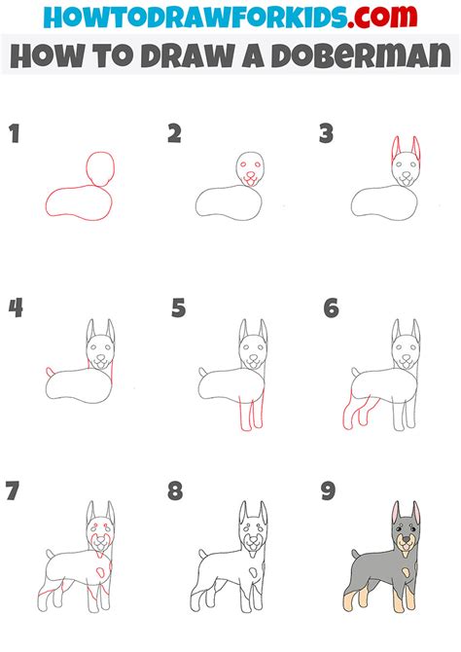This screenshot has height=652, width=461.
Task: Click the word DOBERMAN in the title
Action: click(x=361, y=54)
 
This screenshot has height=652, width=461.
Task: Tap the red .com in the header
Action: click(x=382, y=17)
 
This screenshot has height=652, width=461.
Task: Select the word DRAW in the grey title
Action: click(x=189, y=54)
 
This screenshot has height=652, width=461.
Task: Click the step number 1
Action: click(x=15, y=133)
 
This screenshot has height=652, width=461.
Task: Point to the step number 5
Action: click(x=179, y=308)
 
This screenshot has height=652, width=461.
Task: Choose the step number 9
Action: click(x=328, y=490)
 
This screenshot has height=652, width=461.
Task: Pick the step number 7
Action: click(x=13, y=490)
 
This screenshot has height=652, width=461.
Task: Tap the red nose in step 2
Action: click(x=250, y=174)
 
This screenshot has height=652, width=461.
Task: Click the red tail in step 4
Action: click(x=50, y=372)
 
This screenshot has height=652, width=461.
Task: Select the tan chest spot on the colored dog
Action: click(x=405, y=575)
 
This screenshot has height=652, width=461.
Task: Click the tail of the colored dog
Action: click(x=356, y=555)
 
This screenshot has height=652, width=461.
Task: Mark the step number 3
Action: click(x=327, y=133)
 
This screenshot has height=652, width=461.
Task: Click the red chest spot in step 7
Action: click(x=101, y=573)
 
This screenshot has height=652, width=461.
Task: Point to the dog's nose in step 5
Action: click(x=252, y=357)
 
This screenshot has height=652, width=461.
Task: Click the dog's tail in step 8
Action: click(x=203, y=555)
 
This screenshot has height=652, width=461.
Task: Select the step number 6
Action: click(x=332, y=308)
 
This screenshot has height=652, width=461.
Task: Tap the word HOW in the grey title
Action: click(x=47, y=54)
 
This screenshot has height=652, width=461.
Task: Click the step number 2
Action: click(x=175, y=133)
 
